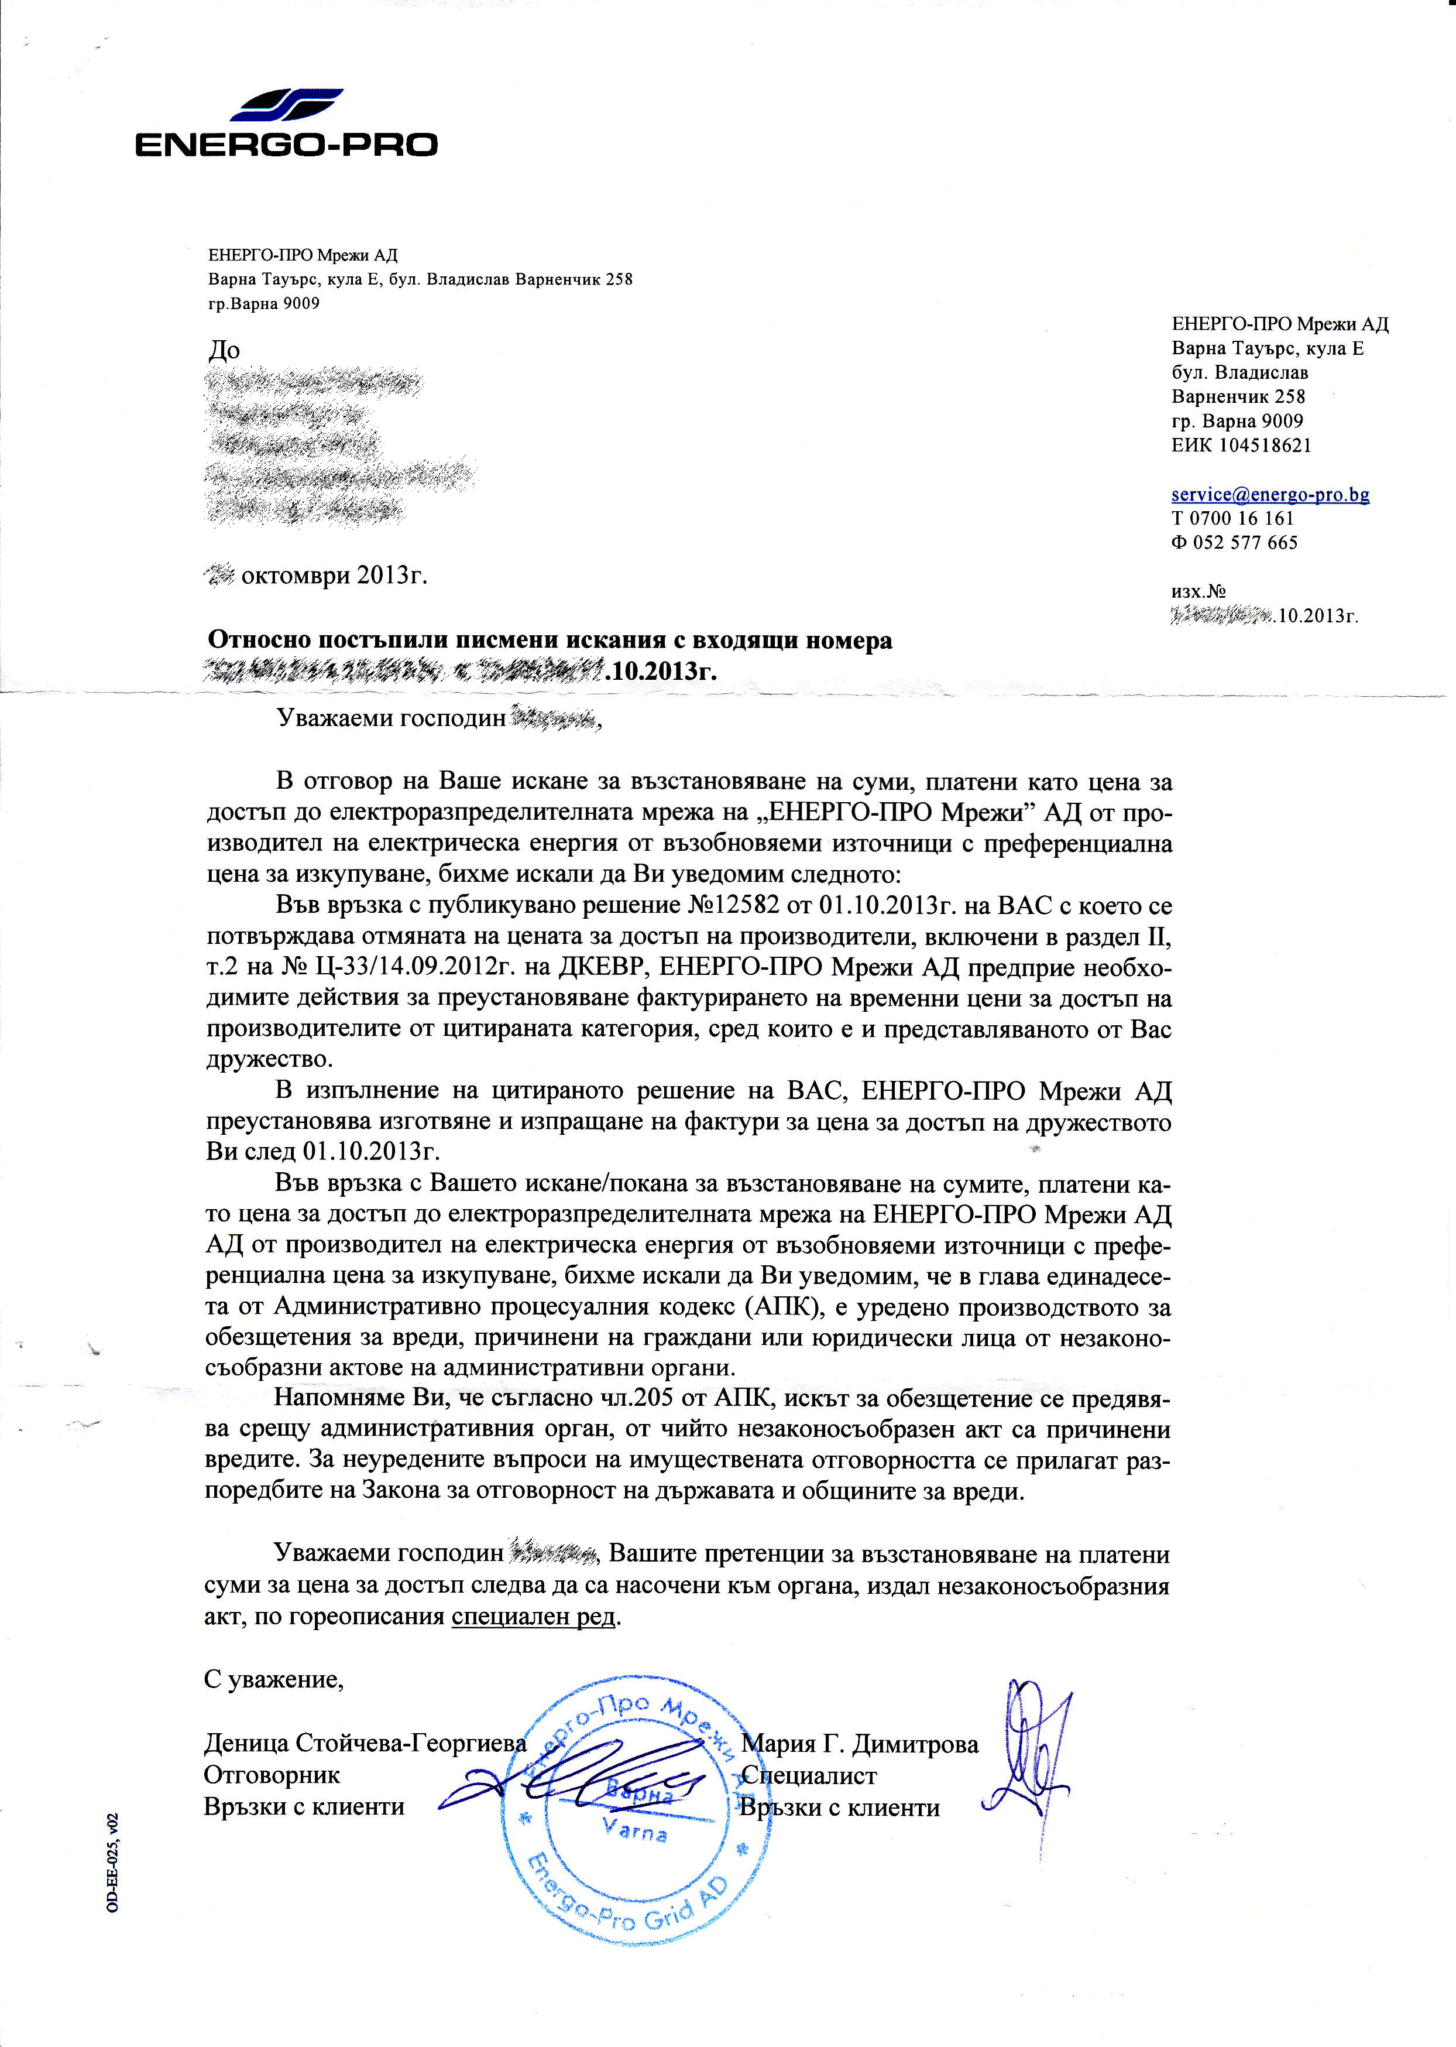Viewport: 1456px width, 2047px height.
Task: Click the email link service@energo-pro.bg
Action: click(x=1269, y=494)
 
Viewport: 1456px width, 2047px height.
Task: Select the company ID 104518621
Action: click(x=1264, y=446)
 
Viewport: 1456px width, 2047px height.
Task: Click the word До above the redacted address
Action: click(x=224, y=350)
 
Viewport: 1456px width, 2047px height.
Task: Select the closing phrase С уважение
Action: click(x=273, y=1679)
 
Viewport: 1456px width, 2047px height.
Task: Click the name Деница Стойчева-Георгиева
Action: click(x=365, y=1745)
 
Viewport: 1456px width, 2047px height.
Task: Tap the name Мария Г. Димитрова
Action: click(x=861, y=1745)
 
